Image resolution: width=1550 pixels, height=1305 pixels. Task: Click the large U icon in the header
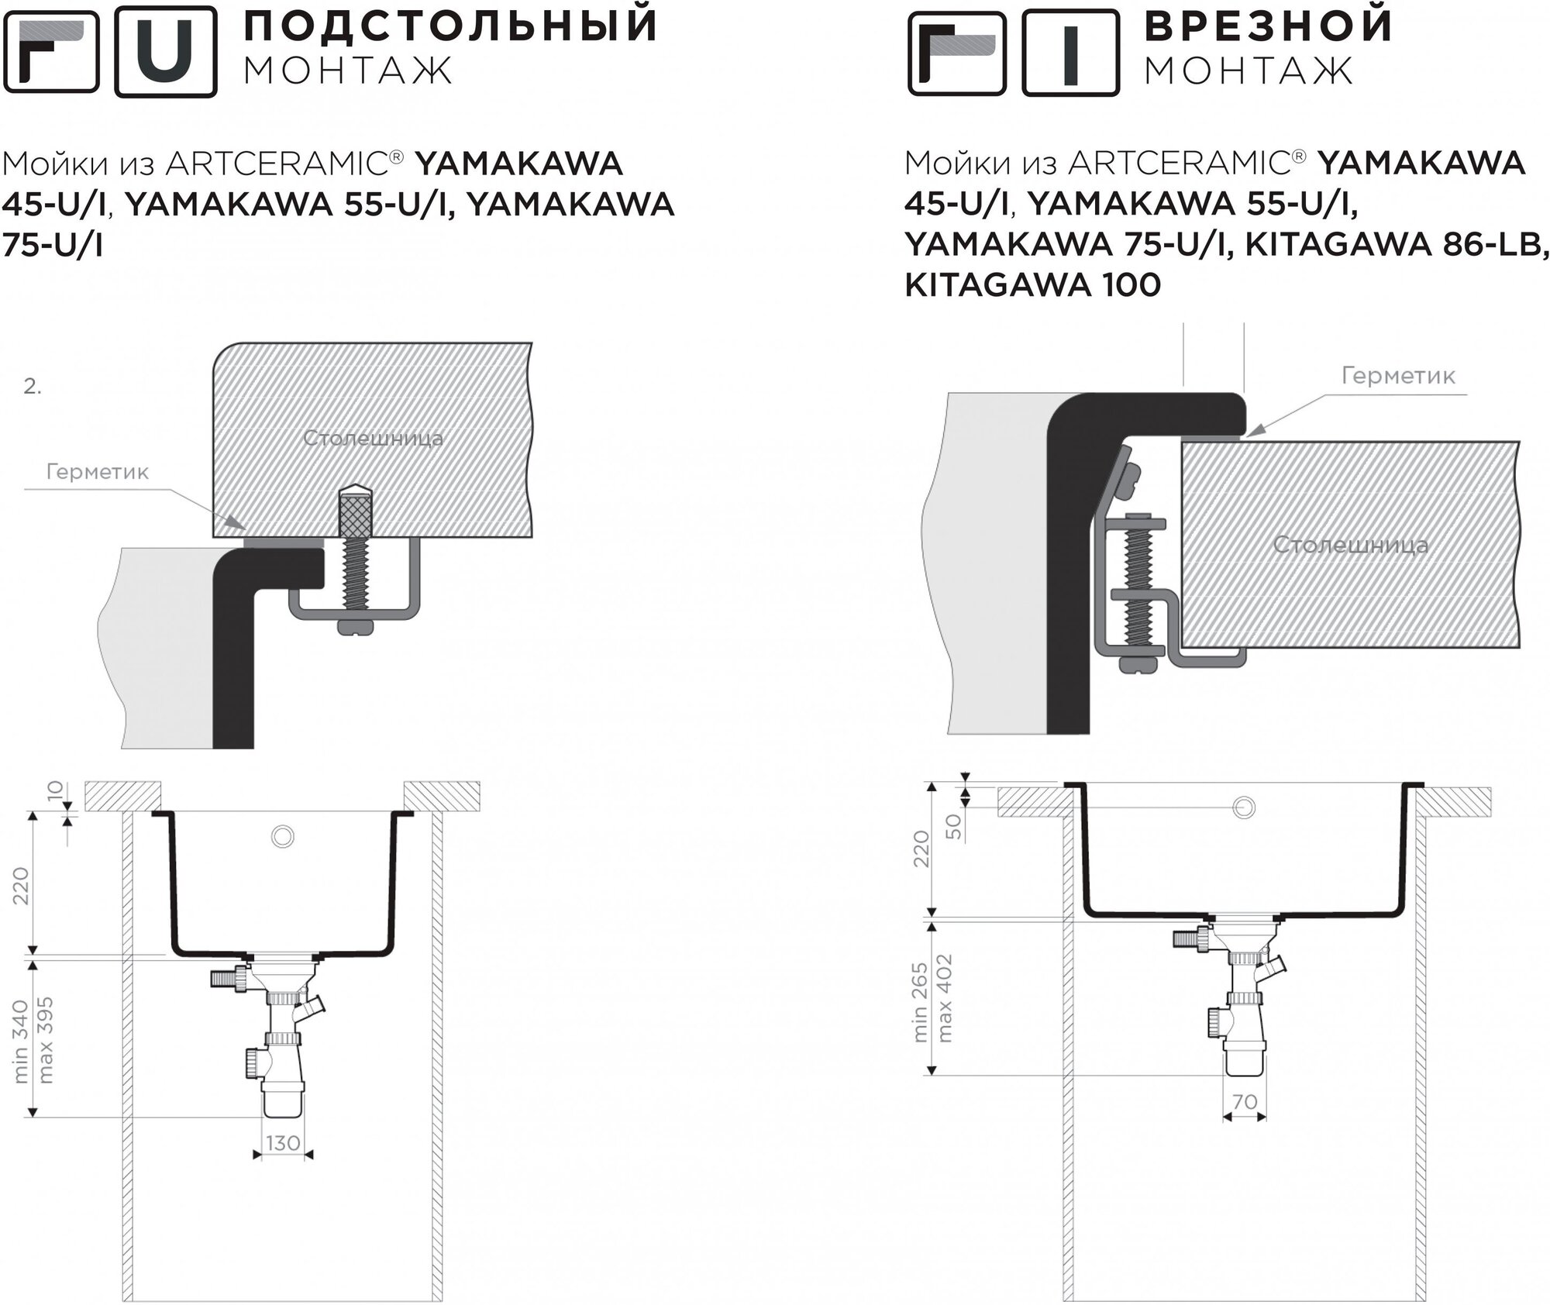[x=166, y=51]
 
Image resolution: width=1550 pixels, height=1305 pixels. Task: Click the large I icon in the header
[x=1070, y=53]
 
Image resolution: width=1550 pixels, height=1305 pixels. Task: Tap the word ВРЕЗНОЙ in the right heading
[x=1269, y=25]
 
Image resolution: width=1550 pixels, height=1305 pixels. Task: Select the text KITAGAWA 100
[x=1032, y=285]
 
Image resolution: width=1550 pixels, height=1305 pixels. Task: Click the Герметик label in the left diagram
[x=98, y=472]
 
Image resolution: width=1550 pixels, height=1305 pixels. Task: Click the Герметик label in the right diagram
[x=1398, y=376]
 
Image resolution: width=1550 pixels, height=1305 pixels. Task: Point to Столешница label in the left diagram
[x=373, y=438]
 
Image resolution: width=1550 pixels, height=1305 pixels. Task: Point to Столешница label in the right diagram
[x=1350, y=544]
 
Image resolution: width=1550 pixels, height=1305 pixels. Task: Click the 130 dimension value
[x=283, y=1143]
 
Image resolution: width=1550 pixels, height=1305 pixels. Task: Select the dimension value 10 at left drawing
[x=53, y=792]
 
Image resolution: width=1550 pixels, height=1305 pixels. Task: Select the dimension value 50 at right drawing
[x=953, y=826]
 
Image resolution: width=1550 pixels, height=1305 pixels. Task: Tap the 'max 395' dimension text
[x=46, y=1041]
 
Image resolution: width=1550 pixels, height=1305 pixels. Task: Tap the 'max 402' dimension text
[x=944, y=997]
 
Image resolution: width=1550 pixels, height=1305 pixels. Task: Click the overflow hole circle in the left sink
[x=283, y=836]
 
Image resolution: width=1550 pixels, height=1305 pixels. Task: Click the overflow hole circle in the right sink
[x=1243, y=807]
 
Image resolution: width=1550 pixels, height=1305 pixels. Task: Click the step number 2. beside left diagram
[x=32, y=387]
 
